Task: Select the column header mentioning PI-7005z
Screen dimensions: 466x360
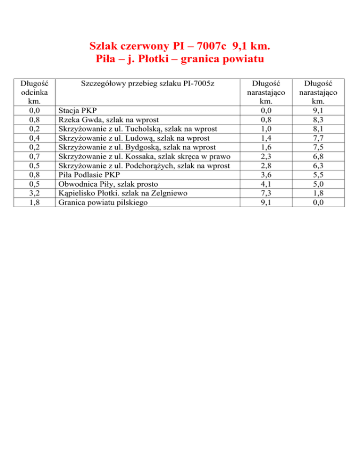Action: [148, 84]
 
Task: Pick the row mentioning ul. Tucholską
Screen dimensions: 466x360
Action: [138, 129]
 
